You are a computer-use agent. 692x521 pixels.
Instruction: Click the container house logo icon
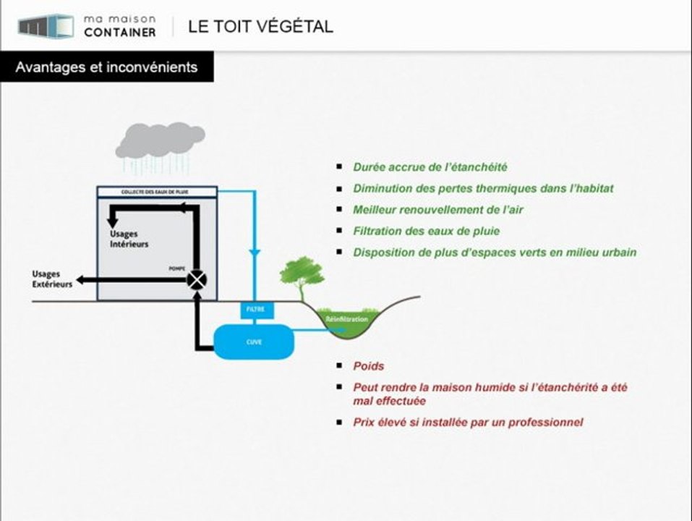tap(46, 26)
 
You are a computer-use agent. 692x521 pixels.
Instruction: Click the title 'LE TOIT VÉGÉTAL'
tap(260, 26)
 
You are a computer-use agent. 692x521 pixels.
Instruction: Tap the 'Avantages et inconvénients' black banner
tap(107, 67)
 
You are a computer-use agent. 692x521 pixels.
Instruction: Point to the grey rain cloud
tap(161, 140)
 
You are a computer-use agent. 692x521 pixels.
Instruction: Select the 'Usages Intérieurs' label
tap(129, 238)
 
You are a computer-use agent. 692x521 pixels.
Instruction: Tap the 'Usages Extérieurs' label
tap(52, 279)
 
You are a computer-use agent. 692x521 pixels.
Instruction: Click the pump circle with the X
tap(197, 280)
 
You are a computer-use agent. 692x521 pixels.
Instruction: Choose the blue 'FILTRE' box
tap(257, 310)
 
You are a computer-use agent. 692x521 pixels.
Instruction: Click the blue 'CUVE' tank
tap(254, 342)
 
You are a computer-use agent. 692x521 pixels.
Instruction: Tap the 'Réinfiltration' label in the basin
tap(346, 319)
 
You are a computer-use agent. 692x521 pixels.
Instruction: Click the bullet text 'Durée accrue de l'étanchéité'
tap(430, 167)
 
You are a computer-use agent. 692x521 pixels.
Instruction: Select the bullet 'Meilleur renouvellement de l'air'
tap(437, 210)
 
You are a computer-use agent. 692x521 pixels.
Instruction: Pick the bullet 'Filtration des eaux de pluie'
tap(427, 231)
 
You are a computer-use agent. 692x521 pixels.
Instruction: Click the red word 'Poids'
tap(369, 366)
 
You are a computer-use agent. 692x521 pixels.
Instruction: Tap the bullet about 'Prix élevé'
tap(468, 423)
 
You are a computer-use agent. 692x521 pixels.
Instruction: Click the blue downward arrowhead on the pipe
tap(255, 254)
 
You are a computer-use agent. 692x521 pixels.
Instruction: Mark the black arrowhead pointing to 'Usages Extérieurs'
tap(80, 280)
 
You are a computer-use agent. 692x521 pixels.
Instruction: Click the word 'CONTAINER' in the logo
tap(119, 33)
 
